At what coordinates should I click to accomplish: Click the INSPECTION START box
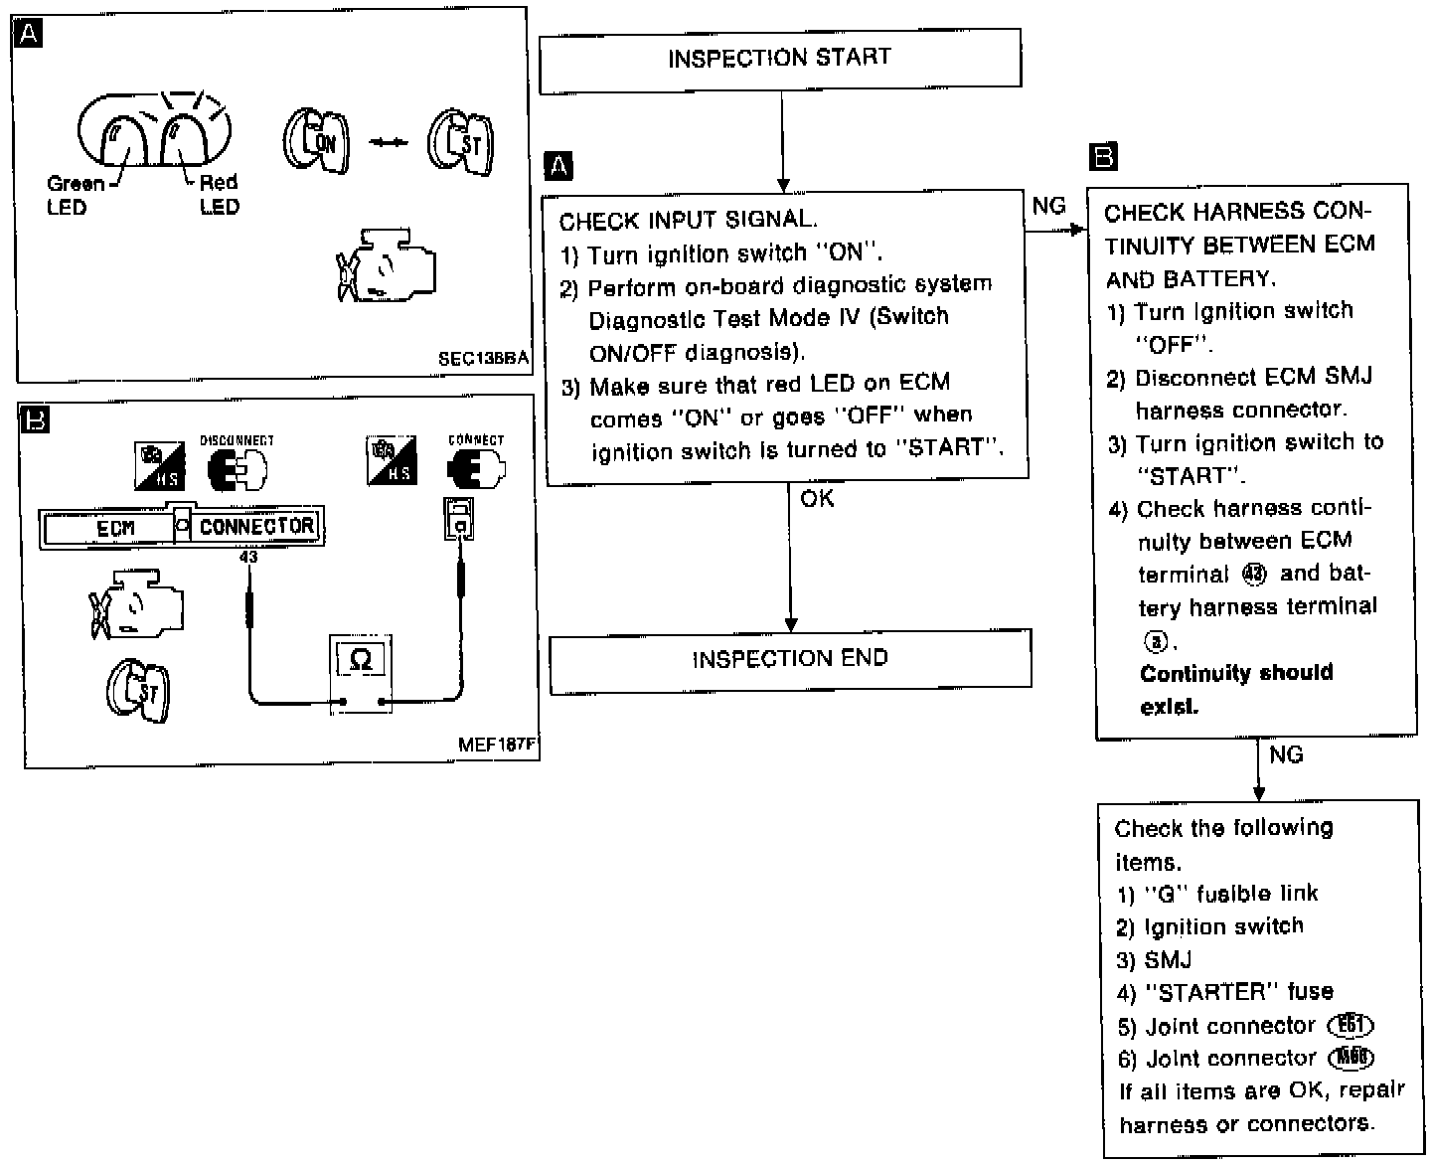point(779,59)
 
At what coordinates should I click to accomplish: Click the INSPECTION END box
point(790,659)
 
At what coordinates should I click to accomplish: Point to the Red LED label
point(219,194)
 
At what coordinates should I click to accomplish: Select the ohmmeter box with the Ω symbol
point(361,660)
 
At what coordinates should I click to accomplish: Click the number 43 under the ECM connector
point(248,558)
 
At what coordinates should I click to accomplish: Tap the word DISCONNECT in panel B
point(237,440)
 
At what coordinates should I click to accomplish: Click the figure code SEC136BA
point(483,359)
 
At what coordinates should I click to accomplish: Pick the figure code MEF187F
point(497,744)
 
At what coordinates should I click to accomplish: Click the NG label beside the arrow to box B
point(1048,206)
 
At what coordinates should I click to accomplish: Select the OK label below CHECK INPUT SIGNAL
point(817,498)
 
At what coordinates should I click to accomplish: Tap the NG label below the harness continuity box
point(1286,754)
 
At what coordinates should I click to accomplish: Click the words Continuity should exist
point(1235,689)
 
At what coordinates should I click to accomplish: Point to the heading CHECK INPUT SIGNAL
point(688,220)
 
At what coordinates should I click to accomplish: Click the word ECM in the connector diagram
point(115,528)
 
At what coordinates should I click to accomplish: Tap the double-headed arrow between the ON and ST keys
point(389,143)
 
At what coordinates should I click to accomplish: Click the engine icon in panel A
point(386,264)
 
